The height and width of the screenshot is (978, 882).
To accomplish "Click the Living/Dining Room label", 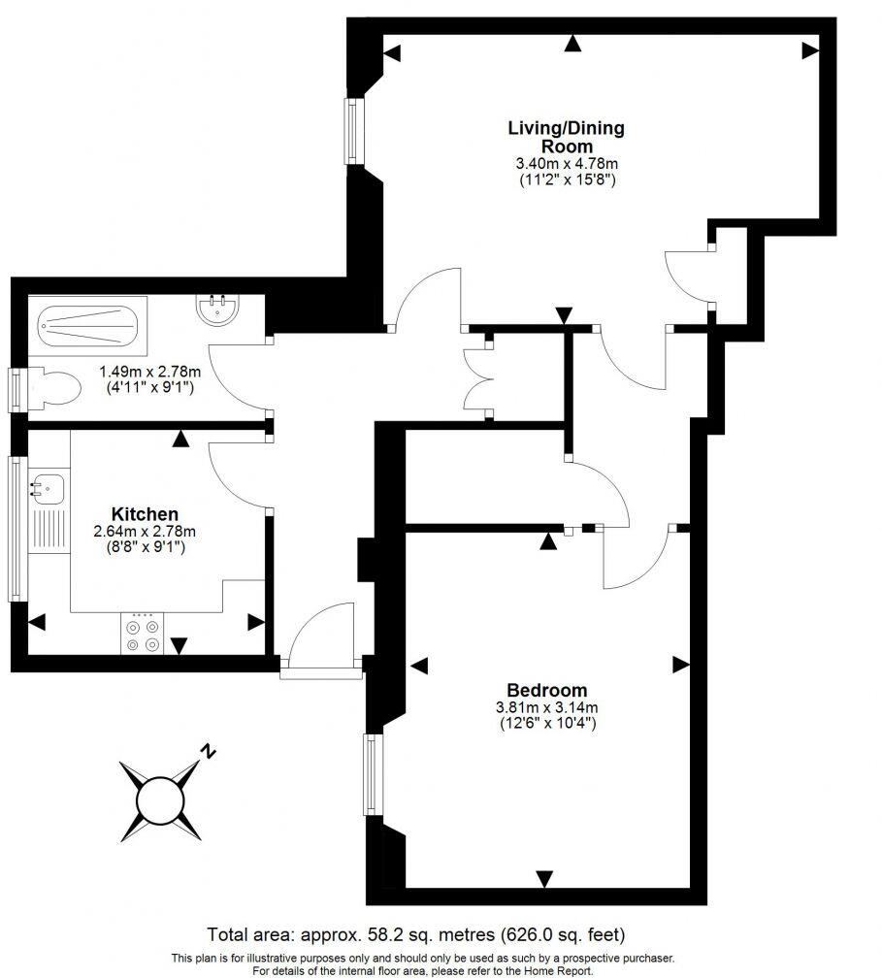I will click(567, 137).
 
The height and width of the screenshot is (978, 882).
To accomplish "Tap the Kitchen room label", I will click(145, 513).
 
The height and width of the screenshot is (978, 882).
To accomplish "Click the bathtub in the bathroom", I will click(92, 321).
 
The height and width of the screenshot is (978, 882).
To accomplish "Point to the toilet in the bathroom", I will click(55, 389).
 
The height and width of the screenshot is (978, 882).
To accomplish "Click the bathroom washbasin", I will click(218, 310).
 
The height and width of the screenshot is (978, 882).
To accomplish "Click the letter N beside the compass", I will click(208, 750).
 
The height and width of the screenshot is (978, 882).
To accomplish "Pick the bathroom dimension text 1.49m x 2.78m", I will click(150, 371).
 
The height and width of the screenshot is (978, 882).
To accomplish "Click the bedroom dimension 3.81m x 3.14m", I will click(546, 707).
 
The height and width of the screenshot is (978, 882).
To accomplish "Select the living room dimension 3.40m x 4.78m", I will click(567, 165).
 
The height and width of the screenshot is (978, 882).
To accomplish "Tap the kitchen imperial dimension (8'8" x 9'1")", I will click(145, 547).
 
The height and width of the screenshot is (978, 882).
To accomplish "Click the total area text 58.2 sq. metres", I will click(416, 935).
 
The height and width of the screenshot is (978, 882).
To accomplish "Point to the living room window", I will click(352, 131).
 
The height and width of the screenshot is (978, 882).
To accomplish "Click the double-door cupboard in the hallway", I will click(479, 378).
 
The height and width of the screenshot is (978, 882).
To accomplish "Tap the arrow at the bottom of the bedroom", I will click(544, 878).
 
